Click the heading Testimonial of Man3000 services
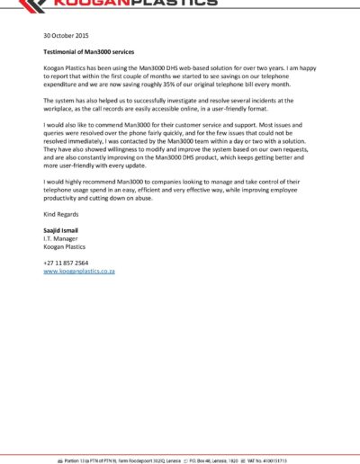pos(95,53)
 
